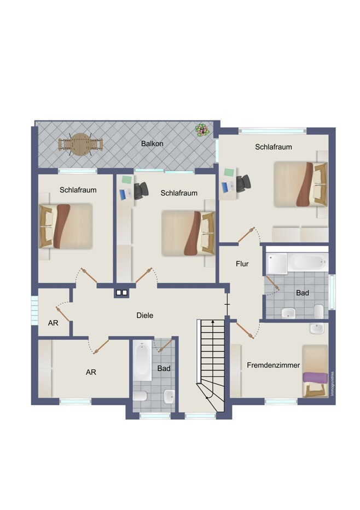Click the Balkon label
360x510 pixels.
click(152, 143)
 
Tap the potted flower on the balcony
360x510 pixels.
click(202, 130)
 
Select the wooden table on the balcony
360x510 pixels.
click(80, 144)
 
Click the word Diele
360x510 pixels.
click(145, 315)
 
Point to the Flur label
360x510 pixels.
click(242, 264)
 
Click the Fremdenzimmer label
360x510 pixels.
click(273, 365)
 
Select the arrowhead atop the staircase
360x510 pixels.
click(213, 321)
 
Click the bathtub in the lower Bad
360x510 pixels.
click(142, 360)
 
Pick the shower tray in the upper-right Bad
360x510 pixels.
click(277, 263)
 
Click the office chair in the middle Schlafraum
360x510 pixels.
click(141, 190)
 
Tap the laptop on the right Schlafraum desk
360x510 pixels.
click(228, 187)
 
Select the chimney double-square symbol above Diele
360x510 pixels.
click(121, 293)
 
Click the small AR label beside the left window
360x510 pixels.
click(53, 323)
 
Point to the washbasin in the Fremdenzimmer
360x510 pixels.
click(317, 328)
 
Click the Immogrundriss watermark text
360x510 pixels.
click(332, 384)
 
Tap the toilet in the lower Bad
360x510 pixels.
click(140, 396)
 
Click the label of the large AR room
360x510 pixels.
click(91, 372)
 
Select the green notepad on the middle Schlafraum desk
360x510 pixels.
click(127, 179)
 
